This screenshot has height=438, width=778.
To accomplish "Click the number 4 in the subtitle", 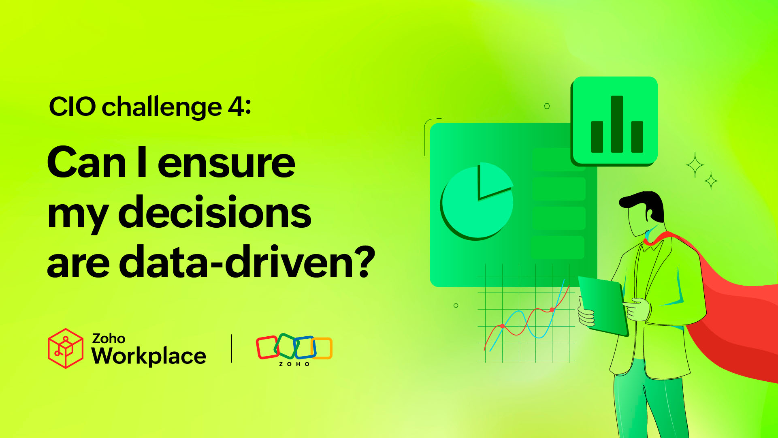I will pos(237,107).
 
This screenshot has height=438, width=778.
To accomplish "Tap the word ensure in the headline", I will pos(226,163).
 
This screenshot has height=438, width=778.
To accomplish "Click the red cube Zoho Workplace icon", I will pos(65,348).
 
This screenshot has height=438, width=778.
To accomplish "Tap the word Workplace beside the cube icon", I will pos(149,356).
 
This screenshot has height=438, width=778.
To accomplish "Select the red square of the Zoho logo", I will pos(267,347).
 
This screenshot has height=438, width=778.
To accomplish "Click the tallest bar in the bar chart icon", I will pos(617,124).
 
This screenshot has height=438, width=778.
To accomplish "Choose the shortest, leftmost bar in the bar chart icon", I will pos(597,137).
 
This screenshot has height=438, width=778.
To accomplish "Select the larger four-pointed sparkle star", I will pos(695,165).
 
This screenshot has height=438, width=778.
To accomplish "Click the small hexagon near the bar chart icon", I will pos(547,106).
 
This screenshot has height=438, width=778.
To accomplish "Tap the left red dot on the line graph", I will pos(502,326).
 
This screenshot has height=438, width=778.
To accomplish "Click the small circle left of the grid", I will pos(456,306).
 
